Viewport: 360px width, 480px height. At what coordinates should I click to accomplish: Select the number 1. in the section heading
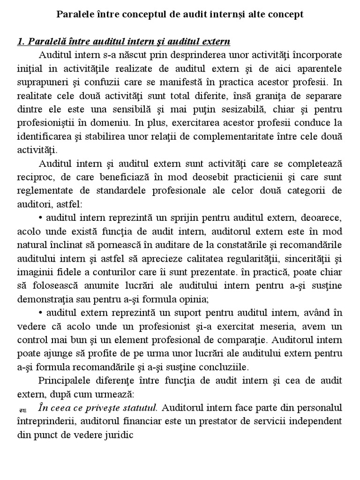21,42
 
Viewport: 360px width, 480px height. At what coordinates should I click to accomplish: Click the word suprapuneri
37,82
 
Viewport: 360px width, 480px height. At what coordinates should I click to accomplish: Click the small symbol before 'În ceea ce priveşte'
22,408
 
